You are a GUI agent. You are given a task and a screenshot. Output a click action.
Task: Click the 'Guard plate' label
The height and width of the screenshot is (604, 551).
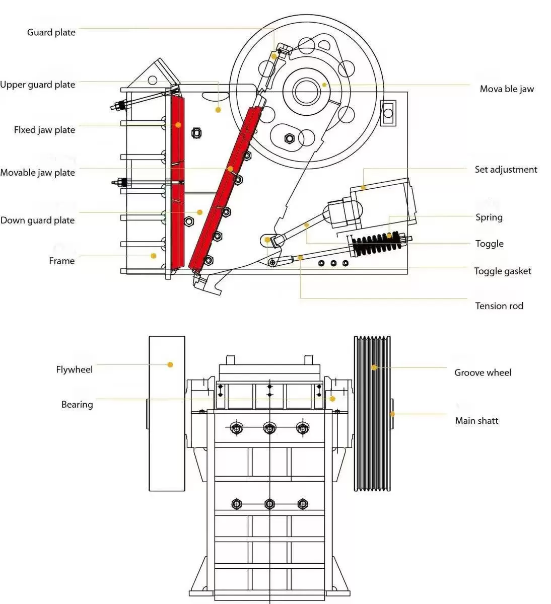(51, 33)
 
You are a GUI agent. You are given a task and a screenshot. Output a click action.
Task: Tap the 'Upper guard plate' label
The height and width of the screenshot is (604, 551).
(38, 85)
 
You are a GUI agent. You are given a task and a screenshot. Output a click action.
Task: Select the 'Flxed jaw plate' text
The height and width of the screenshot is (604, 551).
(44, 130)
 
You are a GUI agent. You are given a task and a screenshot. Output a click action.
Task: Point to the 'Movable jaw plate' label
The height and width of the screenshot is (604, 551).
(38, 173)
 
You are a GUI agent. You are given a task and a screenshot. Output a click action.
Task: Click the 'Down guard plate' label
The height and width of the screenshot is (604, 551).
(38, 220)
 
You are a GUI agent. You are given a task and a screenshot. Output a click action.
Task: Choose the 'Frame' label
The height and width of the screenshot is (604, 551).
(61, 261)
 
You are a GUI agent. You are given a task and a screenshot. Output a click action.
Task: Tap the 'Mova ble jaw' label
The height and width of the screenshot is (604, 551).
(506, 89)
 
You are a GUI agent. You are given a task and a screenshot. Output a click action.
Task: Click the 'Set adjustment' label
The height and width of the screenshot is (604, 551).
(506, 170)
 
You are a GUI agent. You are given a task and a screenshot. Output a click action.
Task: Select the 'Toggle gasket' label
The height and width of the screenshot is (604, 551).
(502, 271)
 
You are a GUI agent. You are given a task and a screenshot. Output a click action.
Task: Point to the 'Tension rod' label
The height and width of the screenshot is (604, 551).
(499, 306)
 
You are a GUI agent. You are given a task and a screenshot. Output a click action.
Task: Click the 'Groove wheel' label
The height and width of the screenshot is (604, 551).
(482, 373)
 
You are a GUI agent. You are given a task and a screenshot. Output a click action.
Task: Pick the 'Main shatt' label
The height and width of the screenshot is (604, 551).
(476, 421)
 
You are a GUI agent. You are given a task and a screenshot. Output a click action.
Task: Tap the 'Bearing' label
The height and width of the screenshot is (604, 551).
(77, 405)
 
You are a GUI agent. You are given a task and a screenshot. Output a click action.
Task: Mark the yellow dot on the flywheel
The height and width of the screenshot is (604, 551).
(170, 364)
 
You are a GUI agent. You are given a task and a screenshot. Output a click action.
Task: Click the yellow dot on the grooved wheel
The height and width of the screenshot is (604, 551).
(374, 367)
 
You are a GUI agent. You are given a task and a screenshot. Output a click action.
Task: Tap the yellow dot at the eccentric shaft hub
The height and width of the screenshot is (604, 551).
(324, 85)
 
